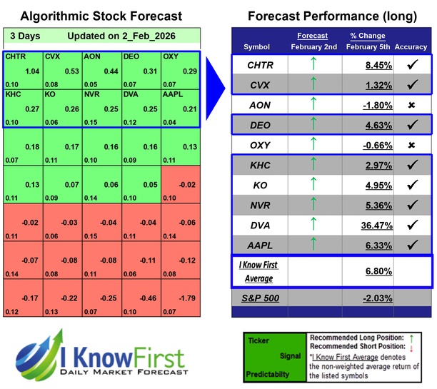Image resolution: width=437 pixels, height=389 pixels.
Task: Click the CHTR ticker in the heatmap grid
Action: [x=14, y=56]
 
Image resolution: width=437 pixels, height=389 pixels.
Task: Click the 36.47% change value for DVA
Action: [x=363, y=225]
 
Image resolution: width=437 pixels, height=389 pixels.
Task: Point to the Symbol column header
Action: [x=257, y=46]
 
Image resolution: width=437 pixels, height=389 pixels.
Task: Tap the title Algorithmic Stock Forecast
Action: [x=101, y=16]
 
